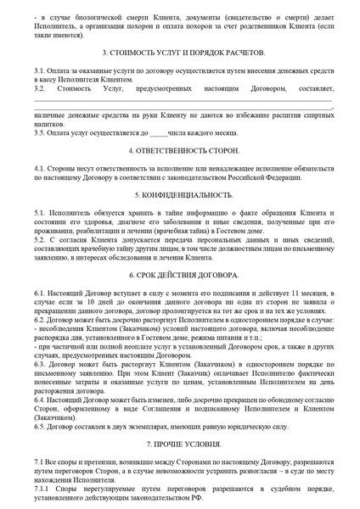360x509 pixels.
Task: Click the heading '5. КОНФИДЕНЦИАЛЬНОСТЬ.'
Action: [179, 194]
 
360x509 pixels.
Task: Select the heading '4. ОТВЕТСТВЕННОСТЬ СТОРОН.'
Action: [179, 150]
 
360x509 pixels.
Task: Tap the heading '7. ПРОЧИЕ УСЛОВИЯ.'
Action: [179, 444]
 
